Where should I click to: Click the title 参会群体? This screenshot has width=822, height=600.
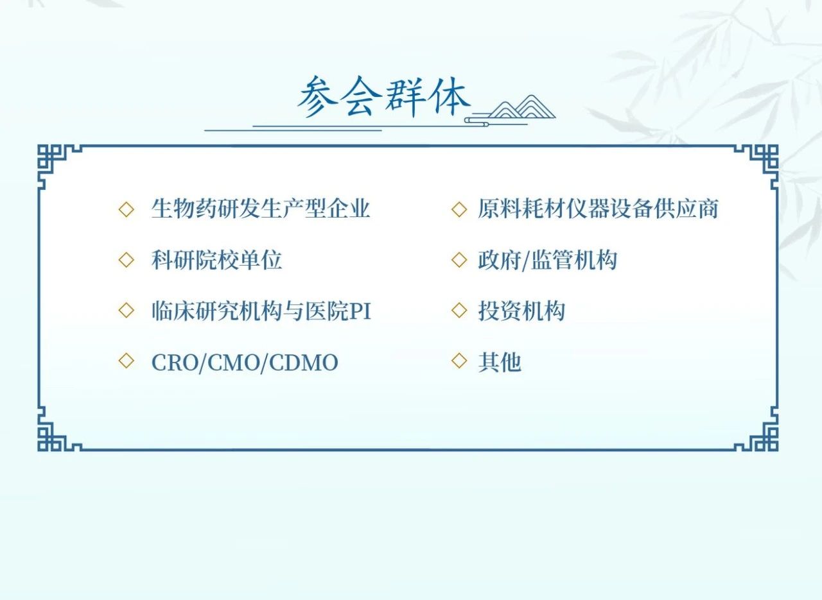click(x=383, y=97)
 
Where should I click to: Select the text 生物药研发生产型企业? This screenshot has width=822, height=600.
click(x=261, y=209)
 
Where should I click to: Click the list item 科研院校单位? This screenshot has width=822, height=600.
click(x=216, y=260)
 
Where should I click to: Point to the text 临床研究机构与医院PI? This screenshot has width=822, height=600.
click(x=261, y=311)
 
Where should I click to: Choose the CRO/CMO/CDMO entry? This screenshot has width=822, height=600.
click(x=245, y=363)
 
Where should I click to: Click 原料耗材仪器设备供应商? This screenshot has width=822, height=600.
click(x=598, y=209)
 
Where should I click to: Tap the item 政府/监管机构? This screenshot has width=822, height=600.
click(x=547, y=260)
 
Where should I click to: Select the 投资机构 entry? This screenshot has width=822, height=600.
click(x=521, y=311)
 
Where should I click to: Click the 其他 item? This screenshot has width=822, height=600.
click(x=500, y=363)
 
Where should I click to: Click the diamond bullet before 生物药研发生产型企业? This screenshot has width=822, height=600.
click(x=127, y=209)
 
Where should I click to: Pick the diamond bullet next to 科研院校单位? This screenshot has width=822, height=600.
click(x=127, y=260)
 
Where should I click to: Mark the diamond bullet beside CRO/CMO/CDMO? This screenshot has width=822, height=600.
click(x=127, y=361)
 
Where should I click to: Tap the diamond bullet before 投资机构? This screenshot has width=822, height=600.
click(x=459, y=311)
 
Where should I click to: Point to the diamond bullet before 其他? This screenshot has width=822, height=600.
click(x=459, y=361)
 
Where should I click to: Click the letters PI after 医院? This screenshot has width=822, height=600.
click(x=361, y=311)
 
